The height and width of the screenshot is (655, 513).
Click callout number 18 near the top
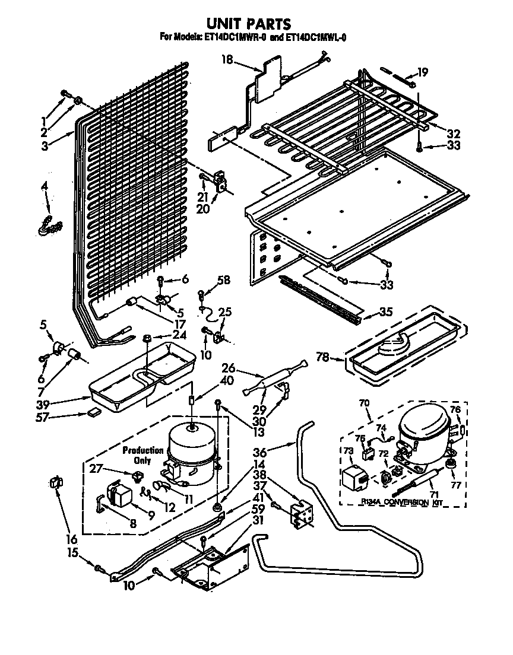point(228,59)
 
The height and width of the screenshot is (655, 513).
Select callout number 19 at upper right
point(422,73)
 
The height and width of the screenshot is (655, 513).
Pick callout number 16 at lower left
point(71,539)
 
